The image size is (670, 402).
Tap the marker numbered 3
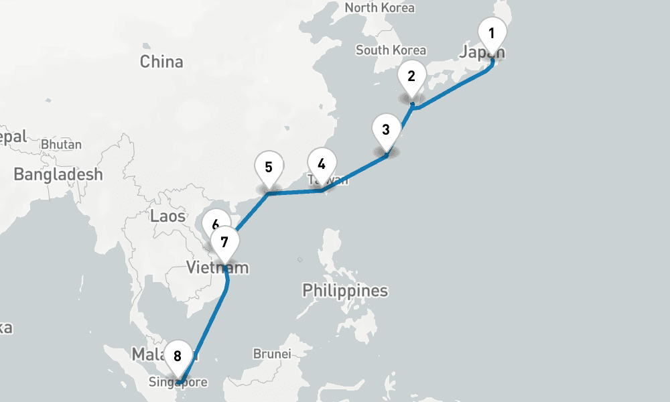[386, 129]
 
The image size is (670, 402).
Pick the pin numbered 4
[322, 164]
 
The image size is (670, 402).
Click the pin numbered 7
[224, 242]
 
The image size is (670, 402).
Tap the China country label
[161, 62]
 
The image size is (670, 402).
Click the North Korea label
[379, 8]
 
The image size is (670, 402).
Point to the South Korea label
[391, 50]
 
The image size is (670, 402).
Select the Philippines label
[345, 291]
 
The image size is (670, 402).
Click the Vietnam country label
[217, 269]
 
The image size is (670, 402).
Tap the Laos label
[167, 216]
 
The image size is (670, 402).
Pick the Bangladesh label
[58, 175]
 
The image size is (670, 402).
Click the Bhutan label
[61, 144]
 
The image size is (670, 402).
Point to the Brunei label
[271, 354]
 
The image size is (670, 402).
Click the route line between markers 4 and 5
[295, 192]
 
